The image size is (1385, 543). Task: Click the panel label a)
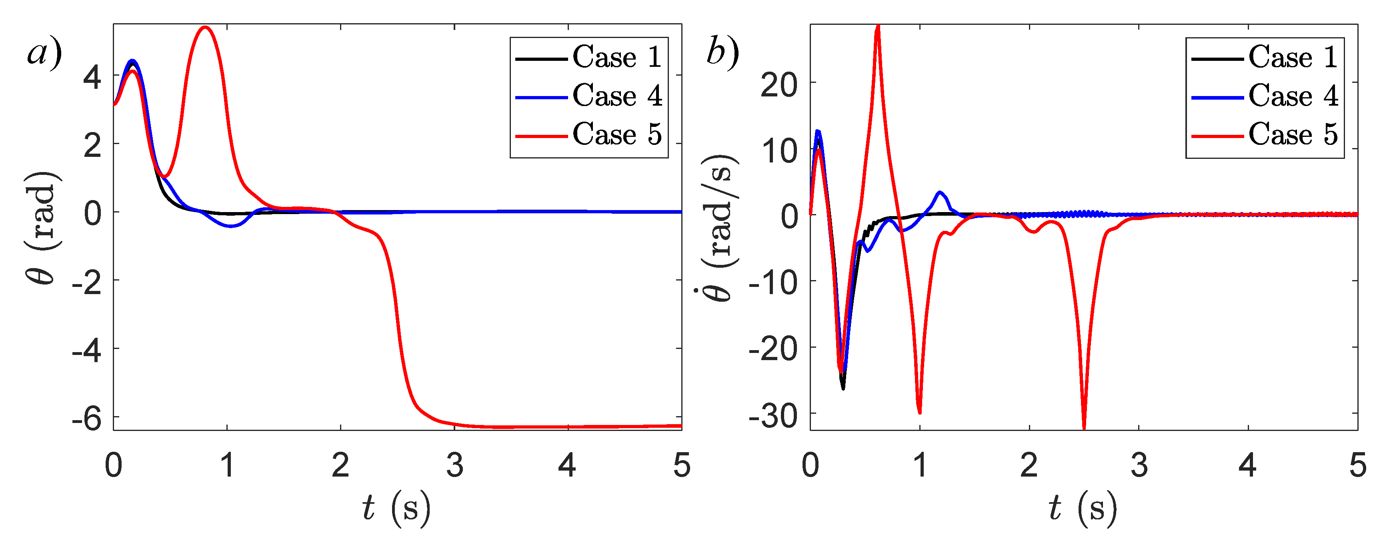tap(44, 54)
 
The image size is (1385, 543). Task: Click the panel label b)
tap(722, 54)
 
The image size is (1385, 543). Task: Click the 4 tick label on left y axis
tap(92, 77)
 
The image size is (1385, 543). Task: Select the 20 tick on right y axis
tap(779, 84)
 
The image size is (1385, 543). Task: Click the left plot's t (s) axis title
tap(396, 508)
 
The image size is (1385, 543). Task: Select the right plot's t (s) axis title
tap(1082, 508)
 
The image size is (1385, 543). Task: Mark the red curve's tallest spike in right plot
tap(877, 27)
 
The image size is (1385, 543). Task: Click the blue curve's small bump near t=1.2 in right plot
tap(939, 192)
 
